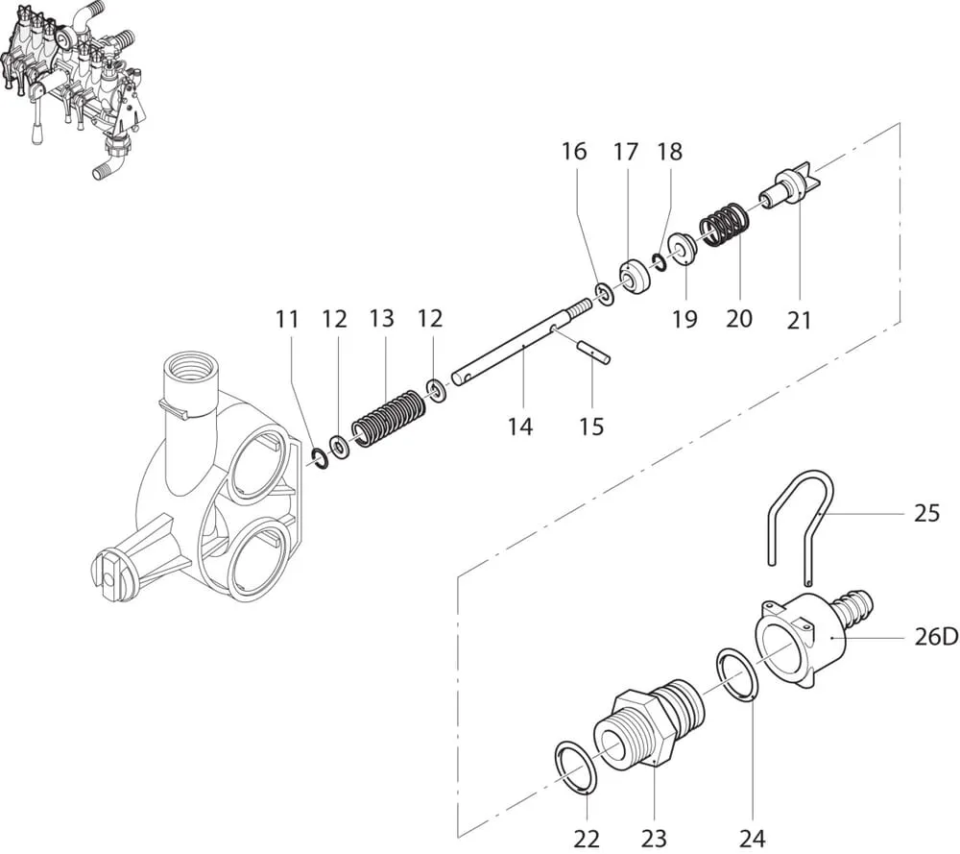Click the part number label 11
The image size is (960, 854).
point(287,320)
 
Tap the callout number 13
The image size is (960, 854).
point(382,318)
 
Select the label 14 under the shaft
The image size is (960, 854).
point(519,426)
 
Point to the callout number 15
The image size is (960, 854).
point(592,426)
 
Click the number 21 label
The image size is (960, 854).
point(800,321)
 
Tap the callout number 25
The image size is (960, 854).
point(926,514)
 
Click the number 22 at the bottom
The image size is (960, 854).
point(587,837)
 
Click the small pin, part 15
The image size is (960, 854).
point(594,350)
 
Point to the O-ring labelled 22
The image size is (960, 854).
point(577,767)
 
